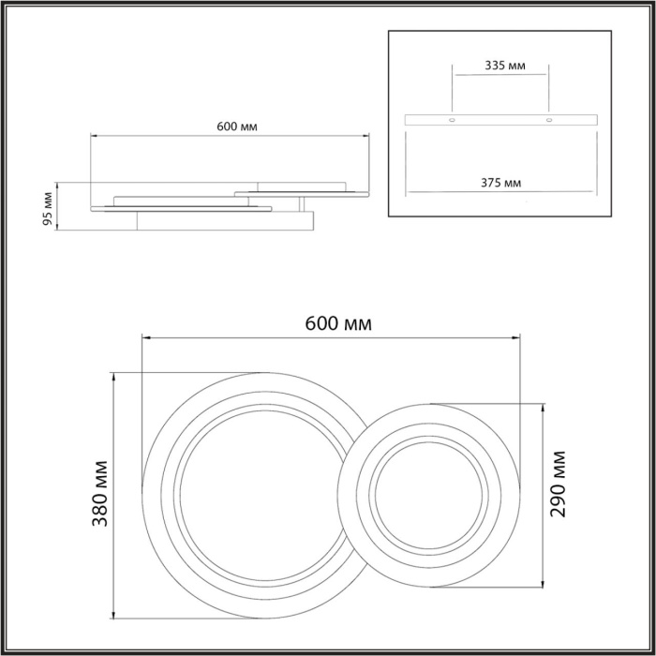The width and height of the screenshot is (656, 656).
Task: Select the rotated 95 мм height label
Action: click(48, 206)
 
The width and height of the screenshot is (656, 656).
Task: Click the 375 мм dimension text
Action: click(501, 182)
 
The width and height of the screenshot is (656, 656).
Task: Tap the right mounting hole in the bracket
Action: click(550, 121)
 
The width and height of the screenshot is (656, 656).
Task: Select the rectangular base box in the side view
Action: click(225, 220)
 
